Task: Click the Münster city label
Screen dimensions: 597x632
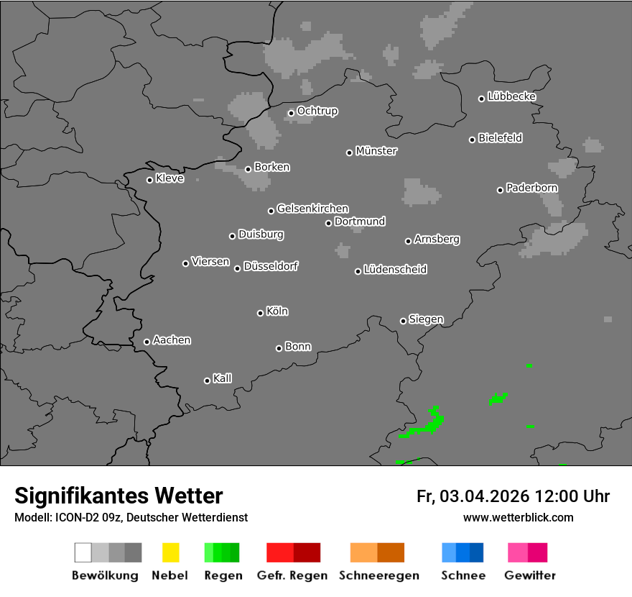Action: click(x=376, y=151)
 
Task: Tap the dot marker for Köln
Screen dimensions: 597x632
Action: click(x=260, y=313)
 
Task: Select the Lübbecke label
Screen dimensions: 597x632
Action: click(x=511, y=96)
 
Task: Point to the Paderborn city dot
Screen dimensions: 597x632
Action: click(x=500, y=190)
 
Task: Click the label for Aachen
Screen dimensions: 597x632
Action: click(x=172, y=340)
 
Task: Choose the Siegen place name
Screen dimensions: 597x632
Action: click(x=426, y=319)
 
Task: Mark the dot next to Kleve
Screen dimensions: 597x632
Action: click(x=149, y=180)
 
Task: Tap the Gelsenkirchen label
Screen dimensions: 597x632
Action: click(x=312, y=209)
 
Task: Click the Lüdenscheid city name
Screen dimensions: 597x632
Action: click(x=395, y=270)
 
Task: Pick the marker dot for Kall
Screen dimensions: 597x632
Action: click(x=207, y=380)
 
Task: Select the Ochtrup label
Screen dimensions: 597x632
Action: click(x=317, y=111)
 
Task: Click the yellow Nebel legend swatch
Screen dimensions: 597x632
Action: click(x=170, y=552)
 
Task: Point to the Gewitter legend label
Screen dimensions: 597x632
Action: click(x=530, y=575)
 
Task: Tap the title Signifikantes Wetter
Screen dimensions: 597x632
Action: click(x=118, y=496)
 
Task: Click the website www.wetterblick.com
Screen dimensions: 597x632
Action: click(x=518, y=517)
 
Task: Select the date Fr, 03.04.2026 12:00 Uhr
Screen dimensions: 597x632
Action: click(x=513, y=496)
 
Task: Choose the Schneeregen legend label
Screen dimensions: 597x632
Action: click(x=378, y=575)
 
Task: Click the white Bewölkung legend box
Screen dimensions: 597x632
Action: click(x=83, y=552)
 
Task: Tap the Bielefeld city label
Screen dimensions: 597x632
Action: click(x=500, y=138)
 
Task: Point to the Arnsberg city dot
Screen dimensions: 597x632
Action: click(x=408, y=241)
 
